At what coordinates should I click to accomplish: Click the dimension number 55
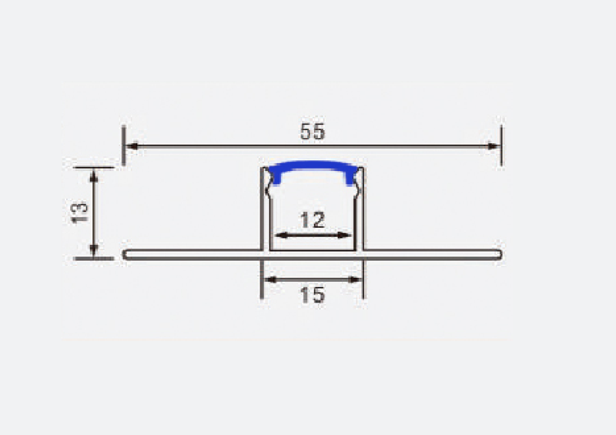(x=312, y=132)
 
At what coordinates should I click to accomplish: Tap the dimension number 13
(x=79, y=212)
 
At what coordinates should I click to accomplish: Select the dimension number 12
(x=312, y=221)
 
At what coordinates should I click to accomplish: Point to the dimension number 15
(x=312, y=294)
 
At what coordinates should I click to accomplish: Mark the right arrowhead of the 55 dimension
(x=494, y=145)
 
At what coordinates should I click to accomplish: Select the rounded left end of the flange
(x=126, y=254)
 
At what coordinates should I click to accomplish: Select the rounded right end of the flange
(x=500, y=254)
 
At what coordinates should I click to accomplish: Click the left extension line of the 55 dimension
(x=123, y=146)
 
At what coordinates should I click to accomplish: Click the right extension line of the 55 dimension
(x=501, y=146)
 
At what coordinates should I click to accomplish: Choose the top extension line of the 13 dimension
(x=94, y=166)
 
